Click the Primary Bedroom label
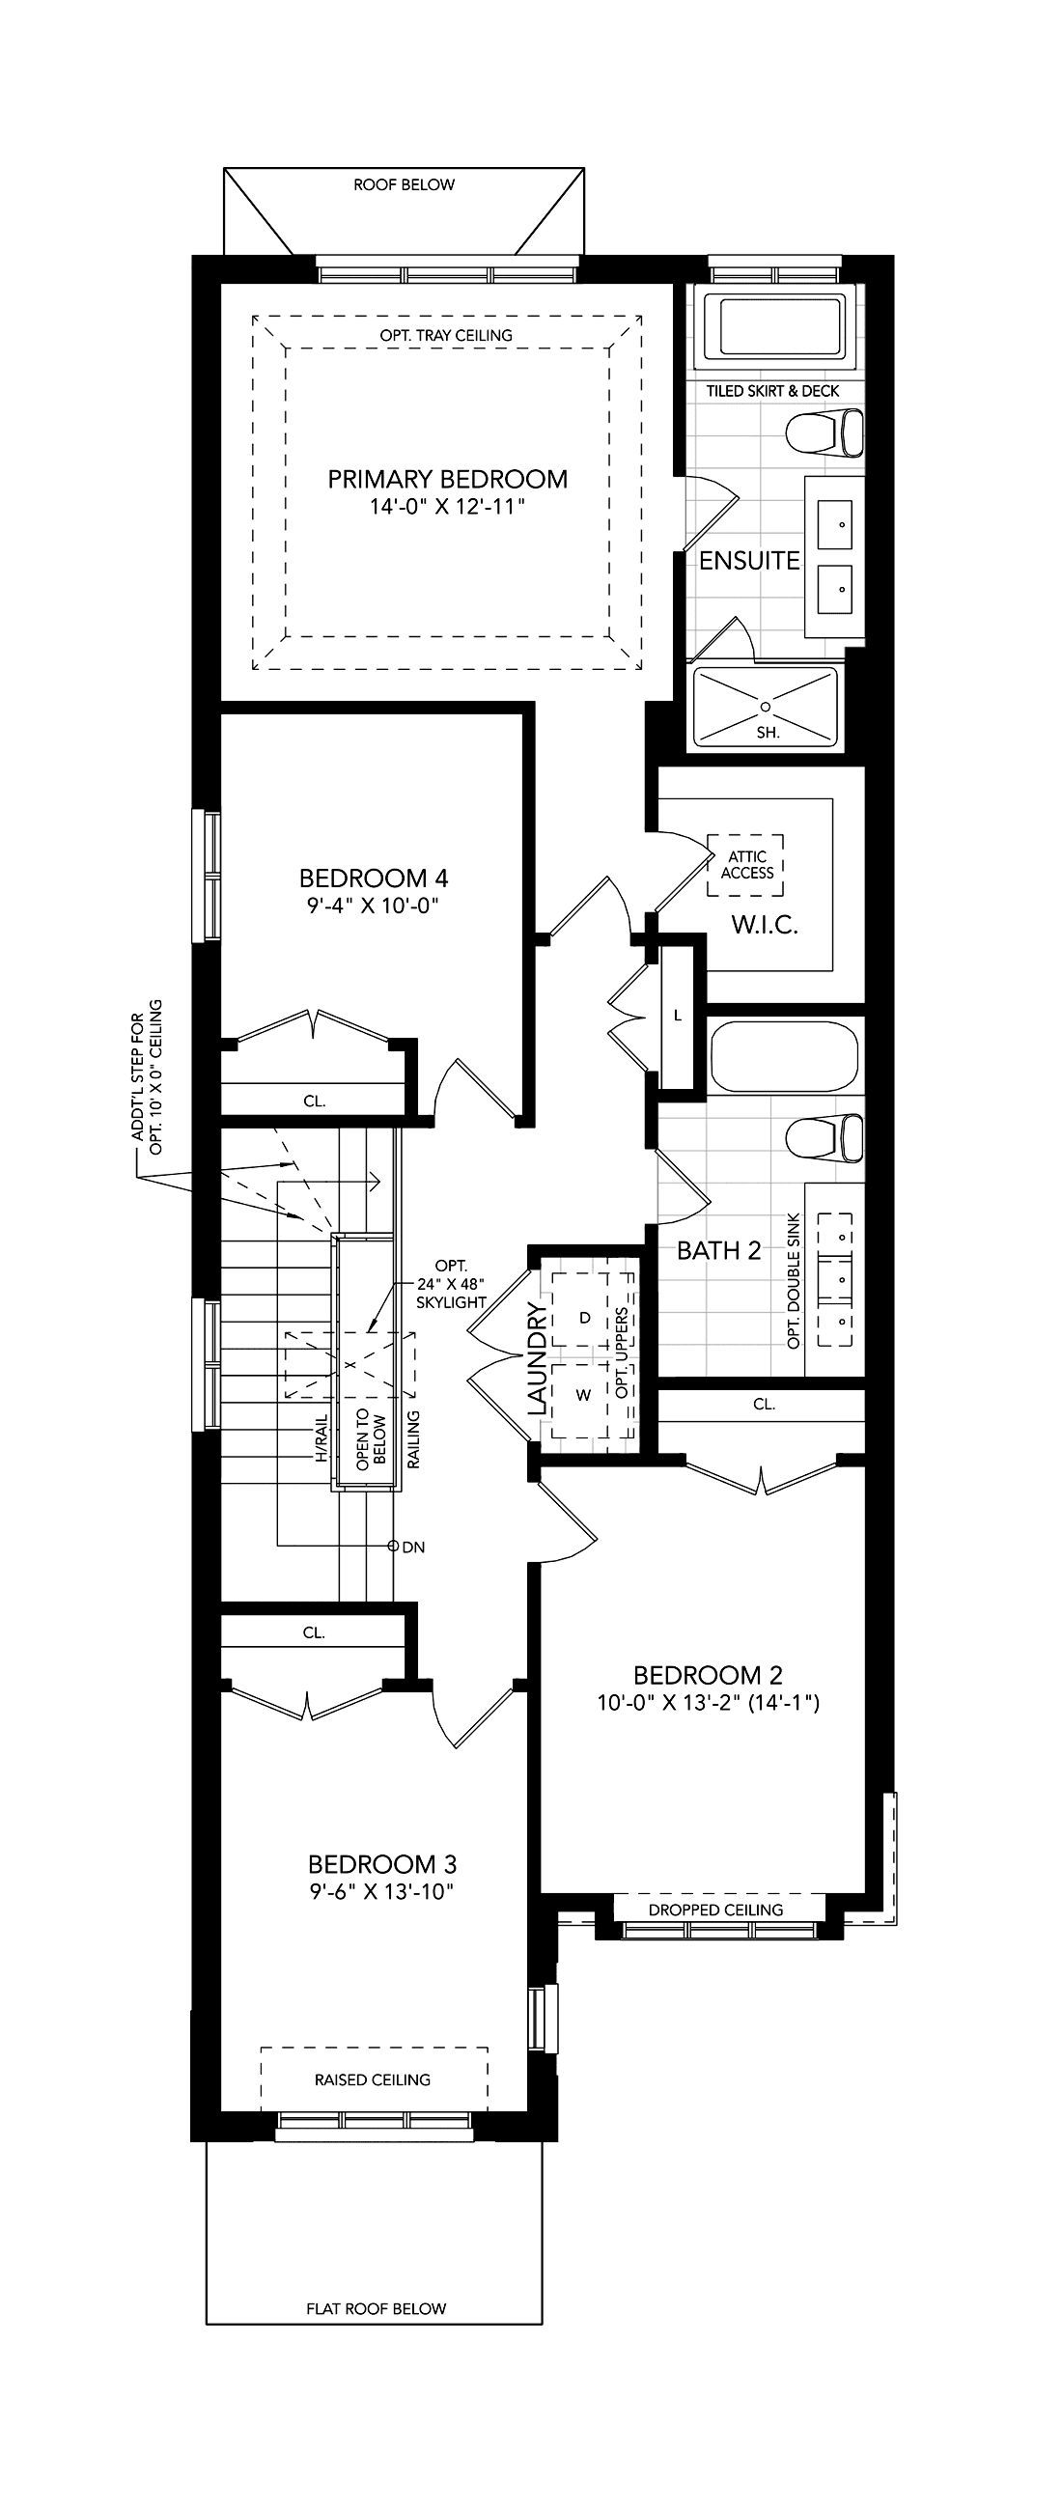pyautogui.click(x=447, y=480)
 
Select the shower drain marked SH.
pyautogui.click(x=766, y=707)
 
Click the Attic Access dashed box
pyautogui.click(x=746, y=864)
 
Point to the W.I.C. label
pyautogui.click(x=765, y=925)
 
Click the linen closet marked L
pyautogui.click(x=678, y=1015)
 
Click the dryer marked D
pyautogui.click(x=585, y=1318)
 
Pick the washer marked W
pyautogui.click(x=583, y=1394)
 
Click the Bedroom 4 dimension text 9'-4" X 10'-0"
pyautogui.click(x=374, y=906)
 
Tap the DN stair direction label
pyautogui.click(x=413, y=1547)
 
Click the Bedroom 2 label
pyautogui.click(x=709, y=1675)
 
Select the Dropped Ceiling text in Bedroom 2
pyautogui.click(x=716, y=1910)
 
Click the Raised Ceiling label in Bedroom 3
pyautogui.click(x=373, y=2079)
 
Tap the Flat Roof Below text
pyautogui.click(x=377, y=2308)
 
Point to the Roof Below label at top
pyautogui.click(x=405, y=184)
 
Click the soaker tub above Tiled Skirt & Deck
pyautogui.click(x=780, y=327)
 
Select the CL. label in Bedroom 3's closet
pyautogui.click(x=314, y=1632)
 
